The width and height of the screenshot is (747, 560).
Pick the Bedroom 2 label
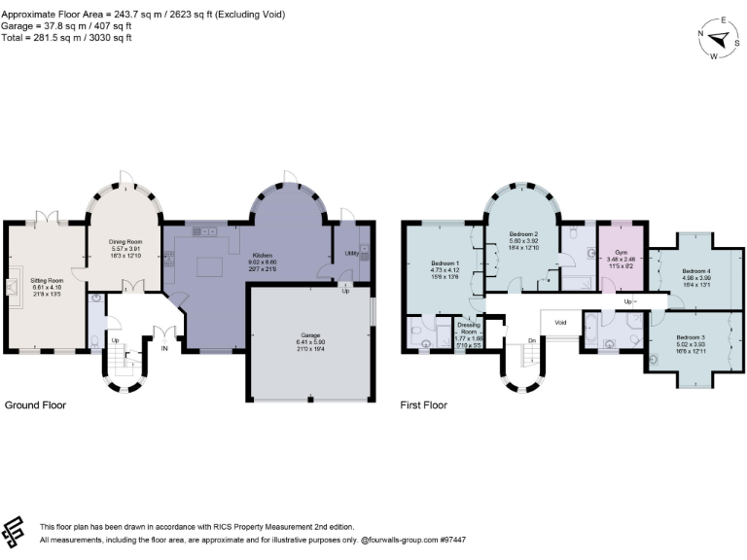coord(523,235)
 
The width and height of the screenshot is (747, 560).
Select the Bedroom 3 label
coord(691,336)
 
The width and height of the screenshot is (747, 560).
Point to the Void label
coord(560,323)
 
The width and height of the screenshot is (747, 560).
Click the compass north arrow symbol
coord(721,39)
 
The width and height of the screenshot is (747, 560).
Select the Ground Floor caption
coord(36,403)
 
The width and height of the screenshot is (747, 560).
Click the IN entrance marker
coord(164,347)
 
